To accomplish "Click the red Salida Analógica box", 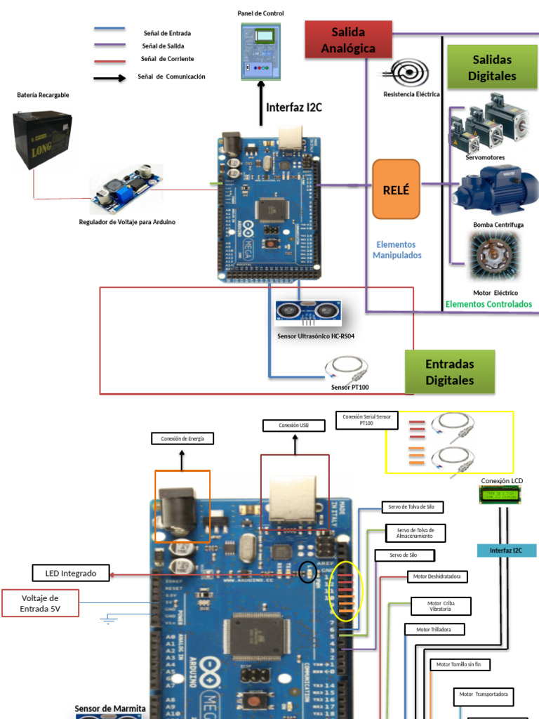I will click(x=348, y=39).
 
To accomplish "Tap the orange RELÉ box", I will click(x=396, y=190).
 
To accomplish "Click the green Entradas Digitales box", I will click(x=450, y=372).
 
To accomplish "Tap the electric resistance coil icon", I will click(x=408, y=73).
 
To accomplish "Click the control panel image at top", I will click(x=260, y=49).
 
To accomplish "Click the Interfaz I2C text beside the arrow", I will click(x=294, y=107).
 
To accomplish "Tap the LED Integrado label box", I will click(x=71, y=574).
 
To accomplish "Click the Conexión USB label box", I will click(x=294, y=426).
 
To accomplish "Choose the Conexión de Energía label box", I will click(x=182, y=439).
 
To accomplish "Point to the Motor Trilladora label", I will click(x=433, y=630).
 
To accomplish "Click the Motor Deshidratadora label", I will click(x=437, y=576).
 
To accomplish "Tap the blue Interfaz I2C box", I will click(x=507, y=550).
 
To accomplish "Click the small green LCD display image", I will click(x=501, y=496).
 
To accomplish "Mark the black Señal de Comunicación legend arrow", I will click(x=110, y=78).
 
